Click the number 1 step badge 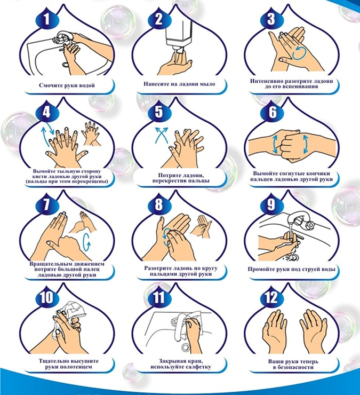[x=46, y=19]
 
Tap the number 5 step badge [x=158, y=112]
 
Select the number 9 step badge [x=271, y=204]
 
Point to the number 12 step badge [x=271, y=297]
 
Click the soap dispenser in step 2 [x=179, y=38]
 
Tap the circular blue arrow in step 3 [x=299, y=53]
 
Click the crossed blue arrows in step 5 [x=161, y=135]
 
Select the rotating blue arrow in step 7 [x=86, y=242]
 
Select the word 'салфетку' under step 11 [x=199, y=367]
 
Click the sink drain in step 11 [x=186, y=347]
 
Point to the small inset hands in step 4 [x=91, y=134]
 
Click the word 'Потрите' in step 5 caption [x=169, y=175]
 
